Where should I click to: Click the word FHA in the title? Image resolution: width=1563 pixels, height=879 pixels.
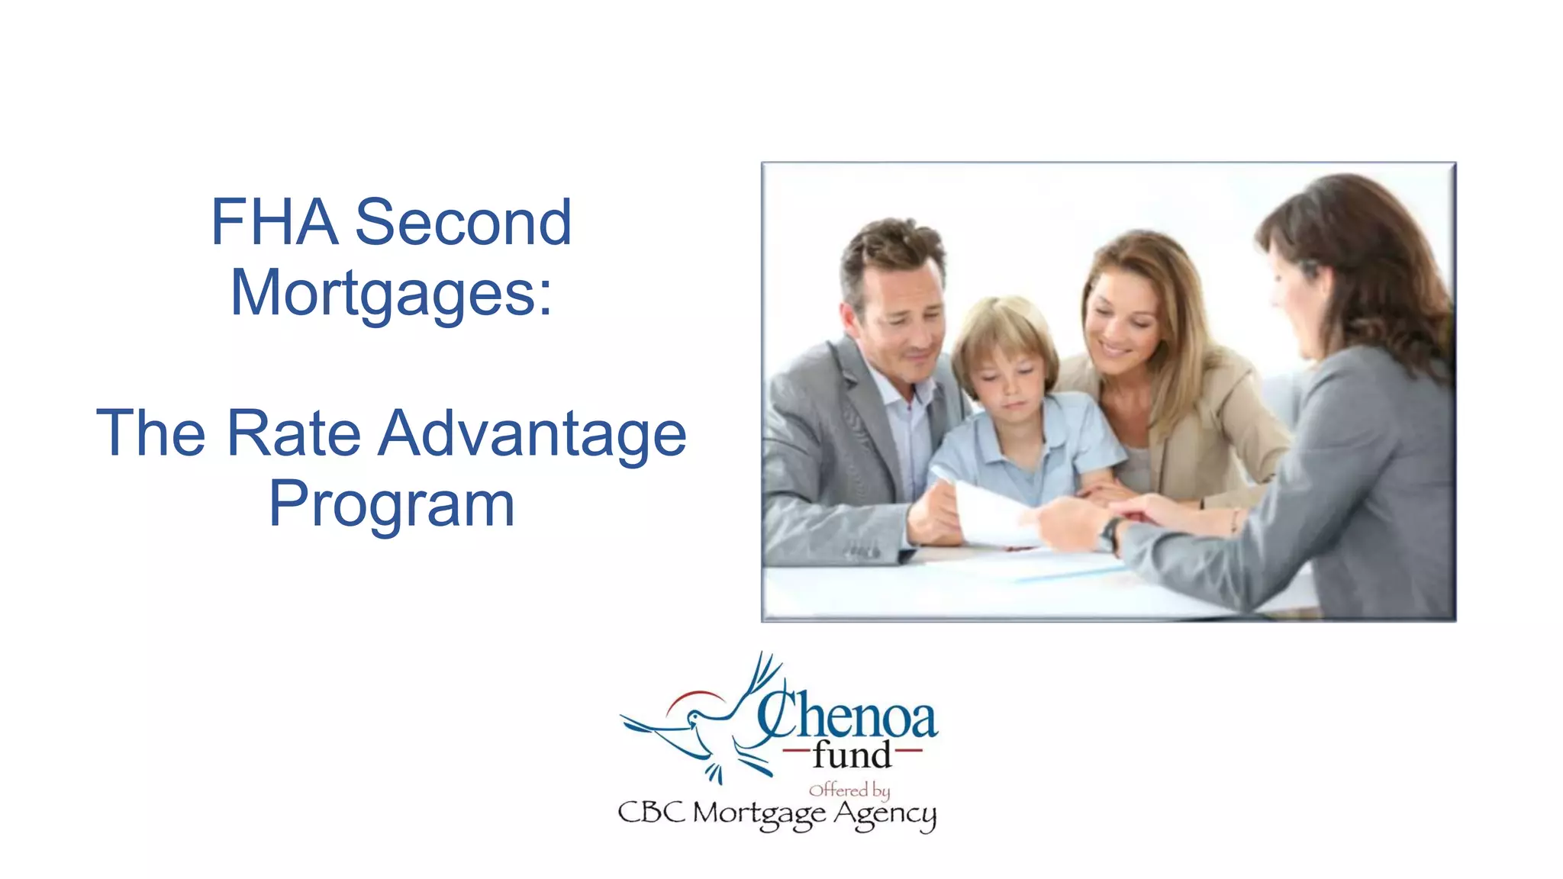tap(274, 222)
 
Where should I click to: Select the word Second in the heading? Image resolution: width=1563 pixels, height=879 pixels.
tap(463, 222)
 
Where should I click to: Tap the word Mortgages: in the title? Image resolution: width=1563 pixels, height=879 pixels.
tap(391, 294)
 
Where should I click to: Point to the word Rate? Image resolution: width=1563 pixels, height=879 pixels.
tap(294, 433)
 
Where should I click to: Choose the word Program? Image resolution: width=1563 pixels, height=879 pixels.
tap(392, 505)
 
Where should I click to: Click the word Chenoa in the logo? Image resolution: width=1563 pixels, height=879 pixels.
tap(847, 716)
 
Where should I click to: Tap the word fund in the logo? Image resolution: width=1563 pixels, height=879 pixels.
tap(852, 755)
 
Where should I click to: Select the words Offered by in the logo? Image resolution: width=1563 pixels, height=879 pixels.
tap(849, 790)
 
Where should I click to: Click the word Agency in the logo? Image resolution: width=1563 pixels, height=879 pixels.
tap(885, 814)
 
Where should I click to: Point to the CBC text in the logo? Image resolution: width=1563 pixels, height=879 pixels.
tap(651, 812)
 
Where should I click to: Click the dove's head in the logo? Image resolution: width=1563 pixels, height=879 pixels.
tap(697, 717)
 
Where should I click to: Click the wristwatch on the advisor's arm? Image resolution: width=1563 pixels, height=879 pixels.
tap(1110, 531)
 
